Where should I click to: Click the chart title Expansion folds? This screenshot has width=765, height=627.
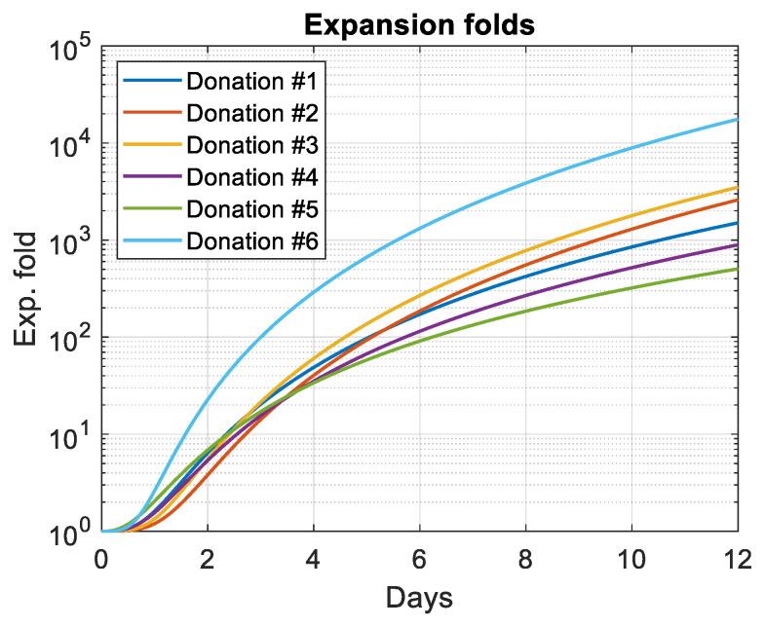(420, 24)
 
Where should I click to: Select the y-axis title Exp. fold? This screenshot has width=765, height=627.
(28, 289)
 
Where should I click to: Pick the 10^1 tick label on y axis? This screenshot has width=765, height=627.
(64, 436)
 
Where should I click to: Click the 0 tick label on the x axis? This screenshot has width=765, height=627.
(101, 559)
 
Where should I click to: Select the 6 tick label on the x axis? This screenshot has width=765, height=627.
(420, 559)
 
